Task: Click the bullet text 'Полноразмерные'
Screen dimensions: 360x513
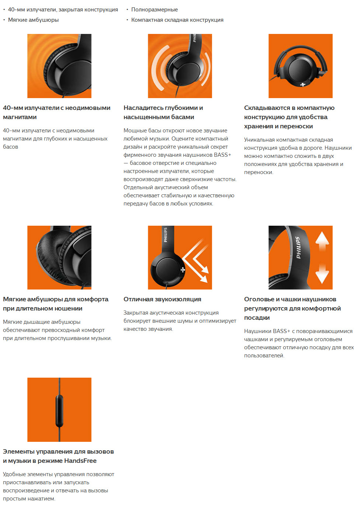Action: tap(154, 10)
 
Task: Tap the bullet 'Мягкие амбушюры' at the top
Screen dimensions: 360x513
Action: tap(34, 20)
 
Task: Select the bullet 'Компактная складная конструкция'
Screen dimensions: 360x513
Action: tap(177, 20)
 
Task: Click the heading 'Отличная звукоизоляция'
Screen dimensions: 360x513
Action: tap(162, 299)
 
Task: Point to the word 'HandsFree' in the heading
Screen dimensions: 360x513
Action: tap(80, 461)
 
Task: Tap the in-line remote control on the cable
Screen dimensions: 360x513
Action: tap(59, 410)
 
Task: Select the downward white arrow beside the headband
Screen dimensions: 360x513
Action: tap(322, 274)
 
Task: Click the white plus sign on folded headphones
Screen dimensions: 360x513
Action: tap(303, 85)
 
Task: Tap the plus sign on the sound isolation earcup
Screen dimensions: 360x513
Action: tap(183, 270)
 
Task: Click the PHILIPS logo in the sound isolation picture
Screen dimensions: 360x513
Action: tap(165, 235)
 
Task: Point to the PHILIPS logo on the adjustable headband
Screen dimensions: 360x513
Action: tap(298, 248)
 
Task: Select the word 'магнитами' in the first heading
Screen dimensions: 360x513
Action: tap(20, 117)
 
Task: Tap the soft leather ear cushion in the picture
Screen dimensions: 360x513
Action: tap(49, 258)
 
